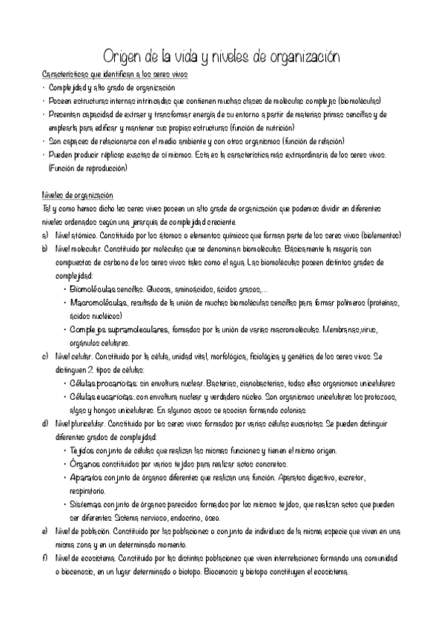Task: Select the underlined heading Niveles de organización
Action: click(x=77, y=195)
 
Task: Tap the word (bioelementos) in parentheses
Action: click(x=377, y=235)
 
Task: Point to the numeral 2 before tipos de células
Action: click(x=90, y=369)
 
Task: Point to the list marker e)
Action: click(x=45, y=531)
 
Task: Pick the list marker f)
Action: click(x=45, y=558)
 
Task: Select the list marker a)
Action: click(x=45, y=235)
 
